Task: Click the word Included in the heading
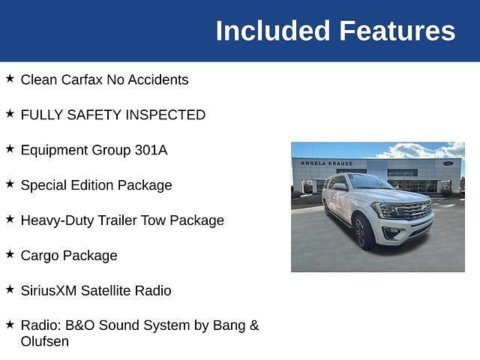tap(273, 31)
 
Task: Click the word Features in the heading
tap(397, 31)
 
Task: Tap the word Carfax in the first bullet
tap(82, 79)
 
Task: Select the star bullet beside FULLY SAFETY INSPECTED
tap(10, 113)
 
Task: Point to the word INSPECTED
tap(165, 115)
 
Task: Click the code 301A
tap(151, 150)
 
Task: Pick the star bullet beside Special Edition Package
tap(10, 184)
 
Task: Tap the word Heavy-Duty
tap(57, 220)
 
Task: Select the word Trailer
tap(117, 220)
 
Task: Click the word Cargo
tap(40, 256)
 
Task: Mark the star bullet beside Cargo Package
tap(10, 254)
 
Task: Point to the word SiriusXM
tap(49, 291)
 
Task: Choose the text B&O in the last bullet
tap(80, 325)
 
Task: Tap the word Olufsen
tap(45, 342)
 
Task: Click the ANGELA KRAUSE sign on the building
tap(326, 163)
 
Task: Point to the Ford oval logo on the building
tap(448, 163)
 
